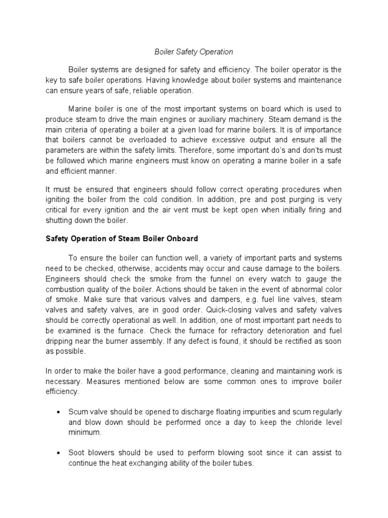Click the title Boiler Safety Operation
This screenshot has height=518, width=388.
[193, 52]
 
